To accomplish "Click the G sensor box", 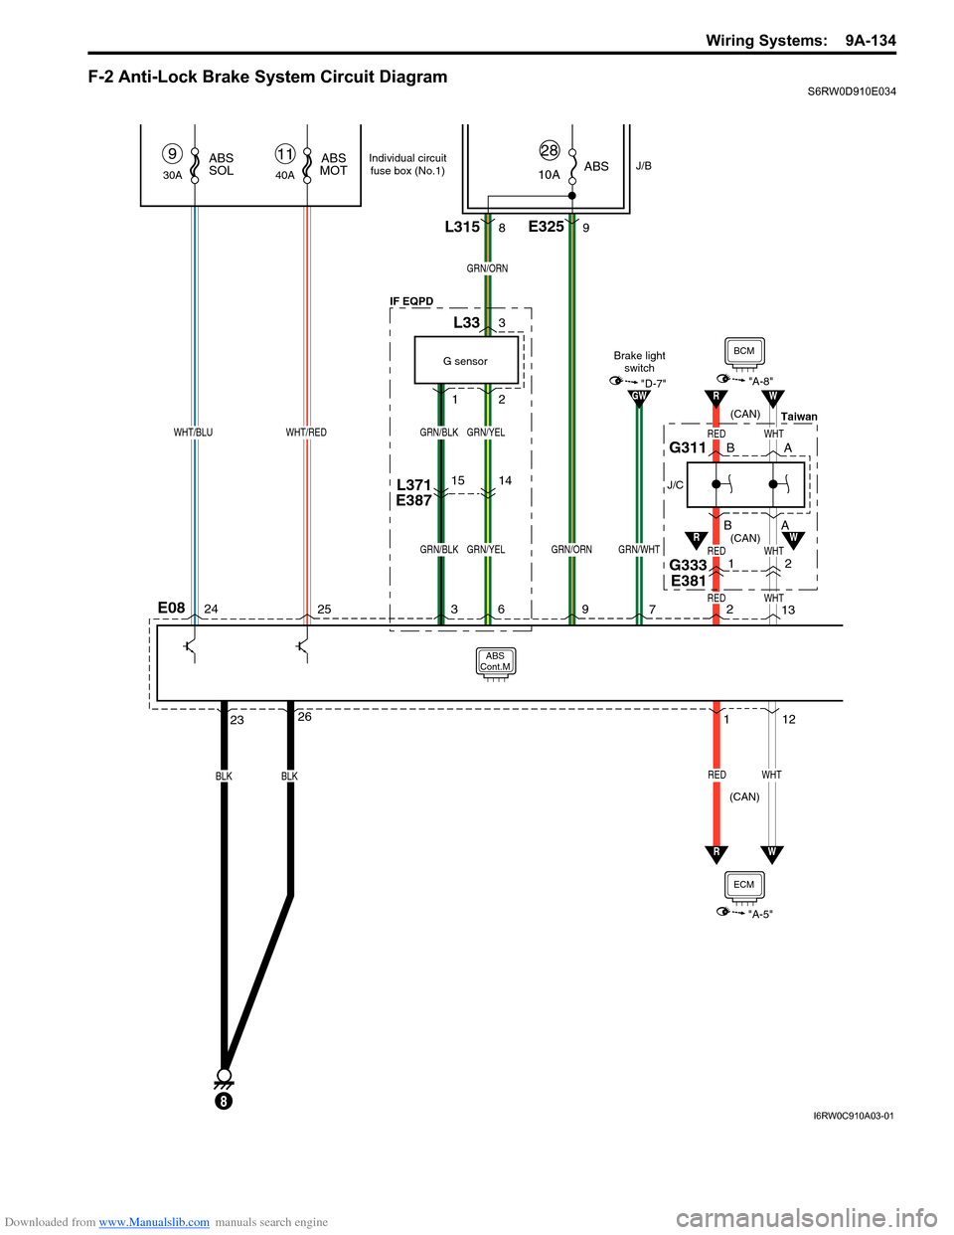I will point(466,360).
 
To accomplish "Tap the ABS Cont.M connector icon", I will point(495,662).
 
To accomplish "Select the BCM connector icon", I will point(744,352).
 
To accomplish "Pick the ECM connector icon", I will point(744,885).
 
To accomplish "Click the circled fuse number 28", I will point(550,150).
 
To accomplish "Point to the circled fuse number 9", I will point(173,153).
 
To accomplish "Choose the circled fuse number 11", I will point(285,153).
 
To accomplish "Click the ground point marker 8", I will point(225,1102).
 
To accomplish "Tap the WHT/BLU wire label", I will point(193,433).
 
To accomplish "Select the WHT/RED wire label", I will point(306,433).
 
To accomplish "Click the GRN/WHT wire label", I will point(639,550).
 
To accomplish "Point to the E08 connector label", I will point(171,608).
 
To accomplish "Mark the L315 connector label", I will point(462,227).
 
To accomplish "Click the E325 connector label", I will point(546,227).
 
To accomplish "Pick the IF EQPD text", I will point(411,301).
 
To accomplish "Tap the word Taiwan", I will point(799,417).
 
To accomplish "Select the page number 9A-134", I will point(871,41).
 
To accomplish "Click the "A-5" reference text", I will point(760,915).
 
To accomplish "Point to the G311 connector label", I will point(688,447).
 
